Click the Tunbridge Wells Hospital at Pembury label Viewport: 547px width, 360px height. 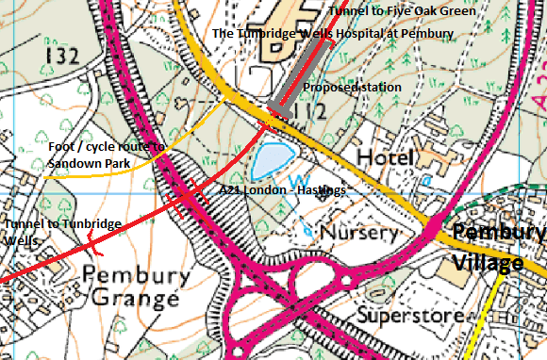pos(333,33)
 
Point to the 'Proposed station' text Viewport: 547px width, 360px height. pos(352,87)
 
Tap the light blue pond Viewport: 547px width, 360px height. pos(274,158)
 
